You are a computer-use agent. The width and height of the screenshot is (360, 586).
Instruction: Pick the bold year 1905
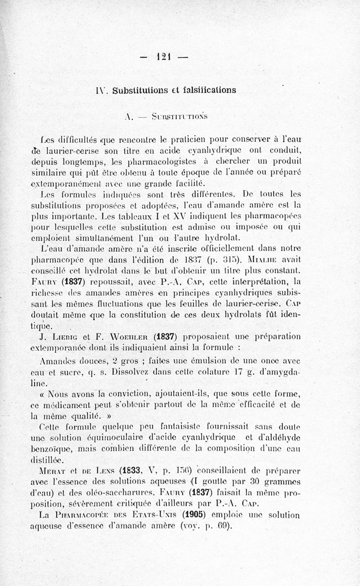coord(196,515)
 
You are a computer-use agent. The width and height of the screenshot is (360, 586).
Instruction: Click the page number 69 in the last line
coord(223,526)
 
